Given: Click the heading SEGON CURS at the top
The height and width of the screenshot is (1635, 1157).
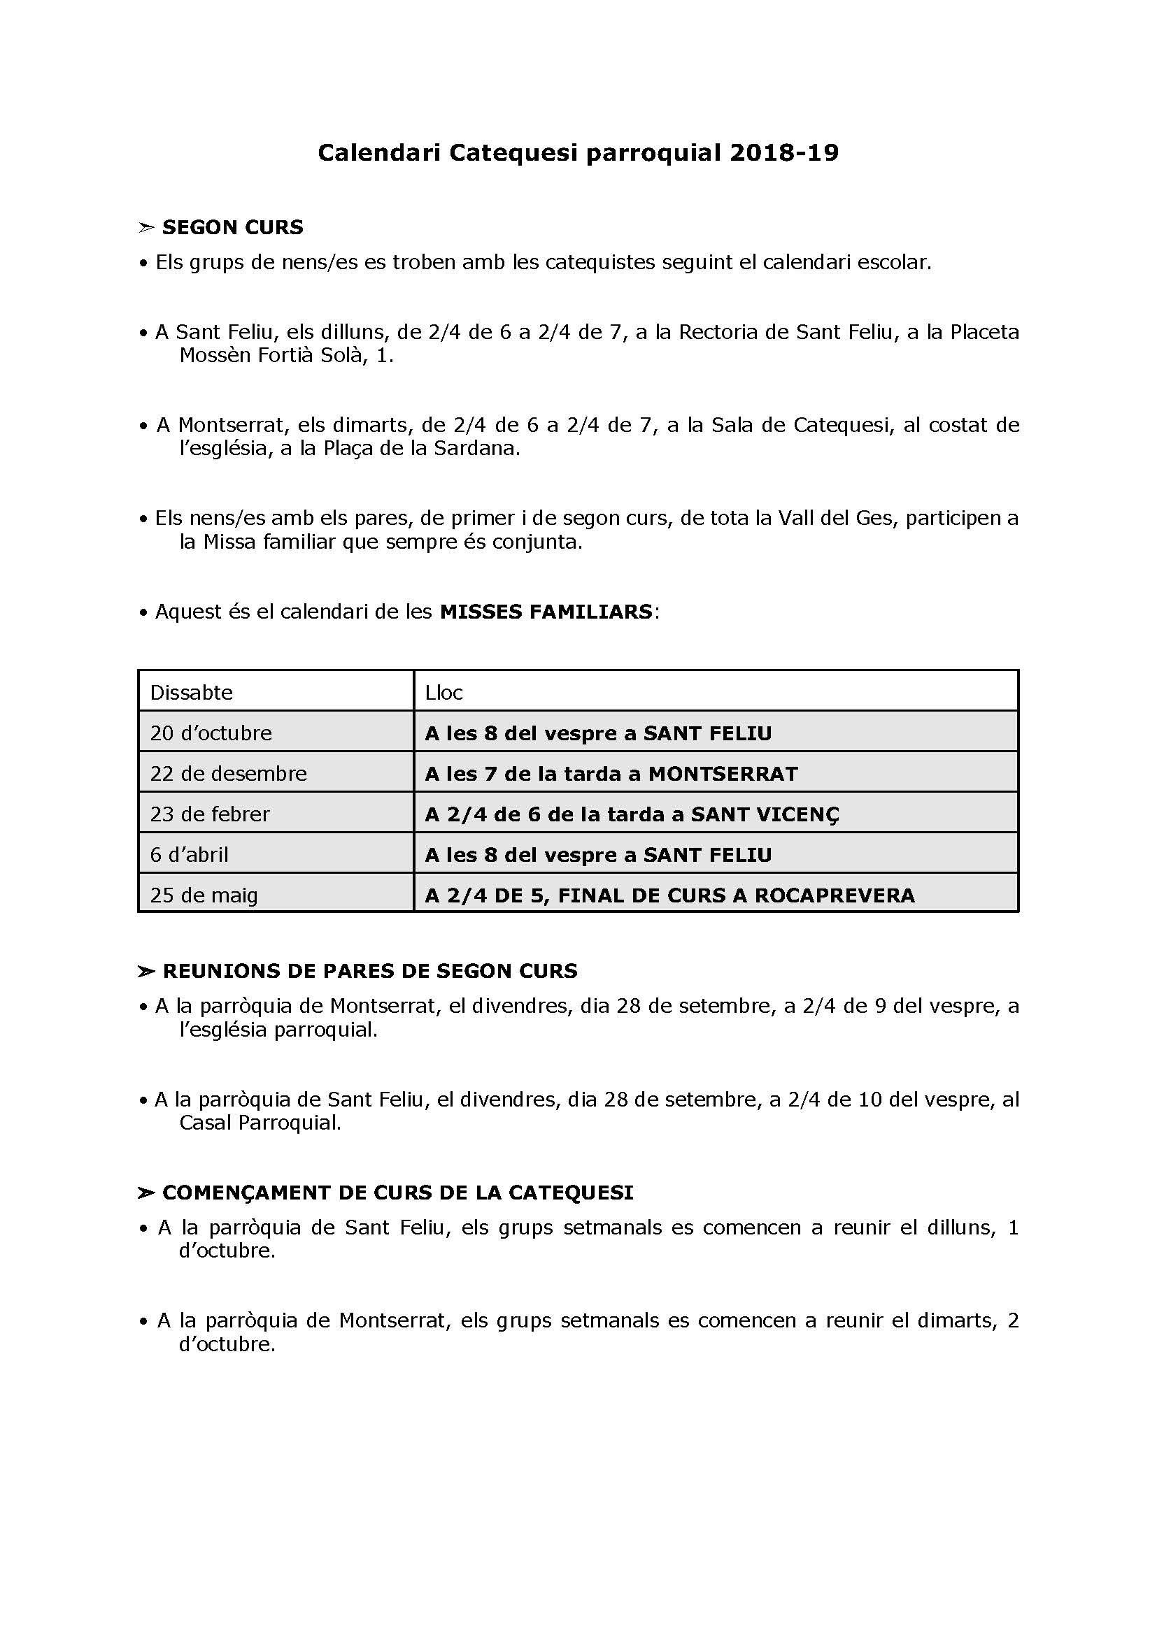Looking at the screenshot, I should (232, 228).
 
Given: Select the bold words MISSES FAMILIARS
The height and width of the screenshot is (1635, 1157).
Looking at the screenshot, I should (546, 612).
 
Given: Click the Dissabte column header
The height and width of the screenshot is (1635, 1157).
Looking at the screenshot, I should (191, 693).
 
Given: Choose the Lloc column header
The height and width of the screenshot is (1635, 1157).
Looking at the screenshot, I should (444, 693).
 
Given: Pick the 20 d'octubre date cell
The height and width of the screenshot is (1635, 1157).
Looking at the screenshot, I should (211, 733).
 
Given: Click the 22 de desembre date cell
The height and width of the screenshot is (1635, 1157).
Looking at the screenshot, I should (228, 774).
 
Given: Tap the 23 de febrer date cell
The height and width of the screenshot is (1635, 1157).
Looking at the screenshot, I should (209, 814).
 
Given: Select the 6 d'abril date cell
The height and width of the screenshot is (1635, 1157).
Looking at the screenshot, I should (189, 855).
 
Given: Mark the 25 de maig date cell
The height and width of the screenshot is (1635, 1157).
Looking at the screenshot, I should (204, 896).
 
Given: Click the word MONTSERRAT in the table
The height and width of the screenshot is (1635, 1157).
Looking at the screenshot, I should (723, 774).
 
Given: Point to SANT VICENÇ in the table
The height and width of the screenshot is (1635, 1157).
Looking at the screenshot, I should (765, 814).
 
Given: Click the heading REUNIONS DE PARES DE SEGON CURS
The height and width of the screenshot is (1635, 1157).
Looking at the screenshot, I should (370, 972).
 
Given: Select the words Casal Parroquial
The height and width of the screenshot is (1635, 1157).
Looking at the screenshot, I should (260, 1123).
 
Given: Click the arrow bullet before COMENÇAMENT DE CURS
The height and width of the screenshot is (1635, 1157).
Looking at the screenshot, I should (146, 1193).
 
